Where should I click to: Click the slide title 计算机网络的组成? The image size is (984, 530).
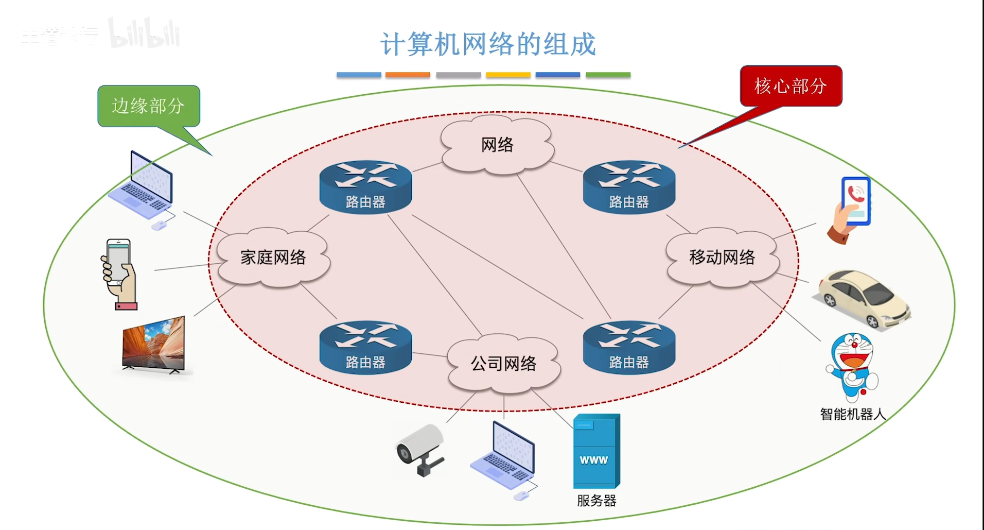point(488,44)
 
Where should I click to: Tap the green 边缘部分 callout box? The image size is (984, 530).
point(148,106)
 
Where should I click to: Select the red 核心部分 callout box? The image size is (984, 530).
point(790,86)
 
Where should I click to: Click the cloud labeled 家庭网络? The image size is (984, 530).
point(273,257)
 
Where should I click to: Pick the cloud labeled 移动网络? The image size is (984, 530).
point(722,257)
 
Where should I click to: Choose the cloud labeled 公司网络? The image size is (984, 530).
point(503,364)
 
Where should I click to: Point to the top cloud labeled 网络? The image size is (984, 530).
point(497,145)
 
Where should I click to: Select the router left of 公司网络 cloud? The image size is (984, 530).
point(365,348)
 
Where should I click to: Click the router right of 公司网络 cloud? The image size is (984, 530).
point(629,348)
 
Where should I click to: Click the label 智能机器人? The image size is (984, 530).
point(852,414)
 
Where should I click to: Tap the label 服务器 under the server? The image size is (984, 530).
point(596,501)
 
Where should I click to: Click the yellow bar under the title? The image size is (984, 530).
point(508,75)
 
